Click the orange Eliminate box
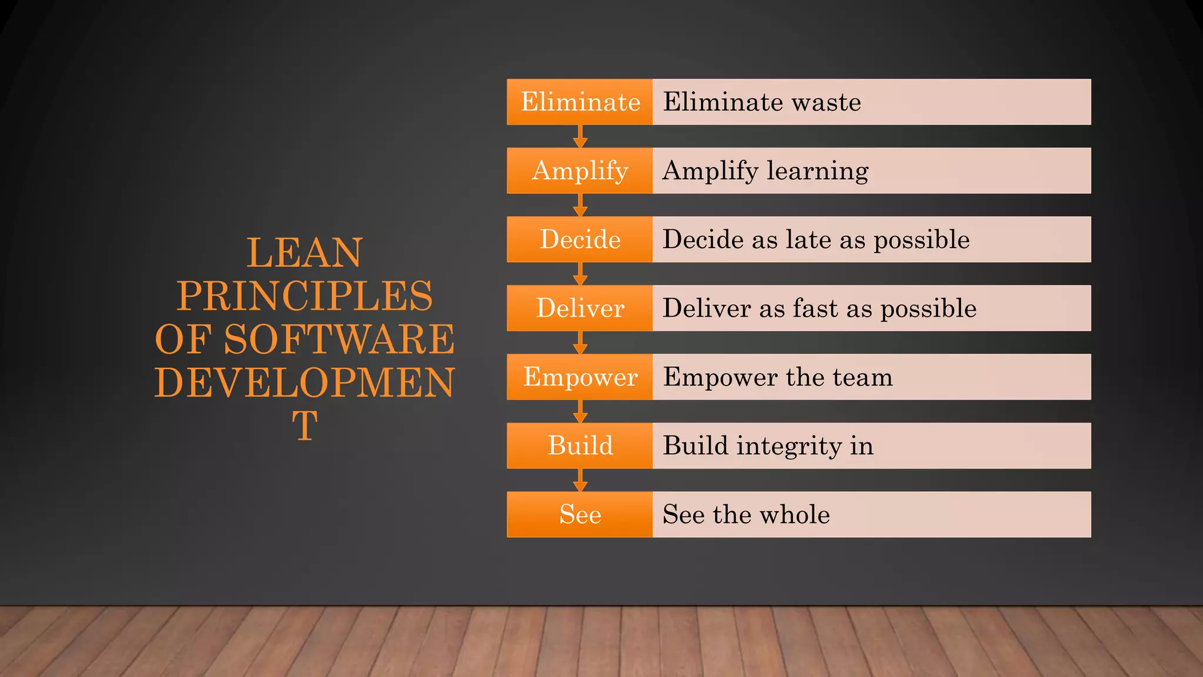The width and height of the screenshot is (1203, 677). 580,102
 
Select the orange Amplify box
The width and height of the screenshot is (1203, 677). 580,170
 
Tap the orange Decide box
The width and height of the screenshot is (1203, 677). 580,239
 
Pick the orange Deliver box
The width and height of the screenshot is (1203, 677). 580,308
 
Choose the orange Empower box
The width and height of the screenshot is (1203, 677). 580,377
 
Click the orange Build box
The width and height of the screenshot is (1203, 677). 580,445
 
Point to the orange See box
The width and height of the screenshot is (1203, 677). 580,514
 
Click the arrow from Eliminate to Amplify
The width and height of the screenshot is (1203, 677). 580,136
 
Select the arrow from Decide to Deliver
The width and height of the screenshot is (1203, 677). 580,274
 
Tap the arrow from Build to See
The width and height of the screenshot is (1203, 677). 580,480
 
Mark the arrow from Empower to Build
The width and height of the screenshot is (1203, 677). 580,411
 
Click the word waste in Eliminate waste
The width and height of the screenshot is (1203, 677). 826,102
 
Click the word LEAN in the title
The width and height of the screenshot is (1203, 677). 304,253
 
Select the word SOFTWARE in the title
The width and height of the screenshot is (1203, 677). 339,339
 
